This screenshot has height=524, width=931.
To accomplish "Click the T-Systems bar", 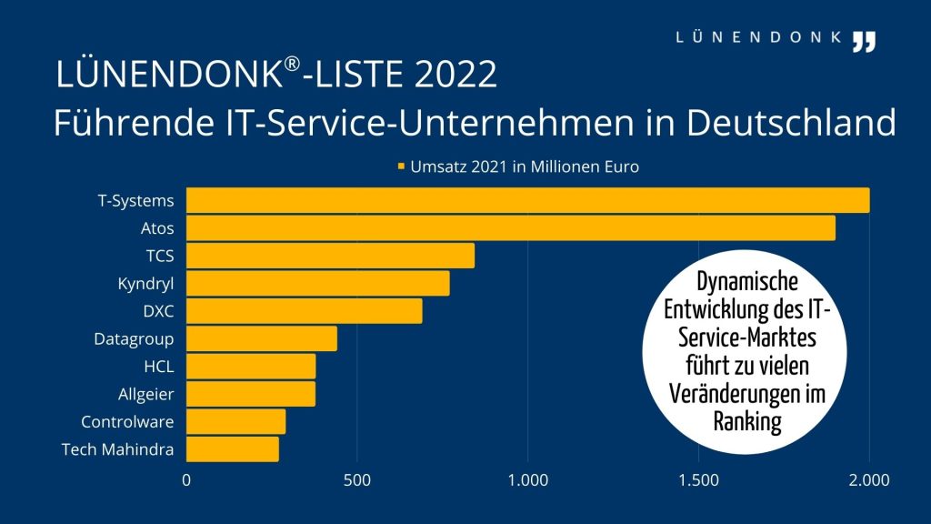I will [527, 200].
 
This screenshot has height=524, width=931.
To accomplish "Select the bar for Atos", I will [510, 228].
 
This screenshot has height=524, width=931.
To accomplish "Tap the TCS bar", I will [330, 256].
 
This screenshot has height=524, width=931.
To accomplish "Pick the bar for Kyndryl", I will [317, 283].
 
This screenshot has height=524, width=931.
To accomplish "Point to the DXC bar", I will [304, 311].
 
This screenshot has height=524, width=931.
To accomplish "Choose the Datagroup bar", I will [261, 338].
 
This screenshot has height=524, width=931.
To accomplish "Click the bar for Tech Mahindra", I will [232, 449].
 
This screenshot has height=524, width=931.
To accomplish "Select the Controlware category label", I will [127, 422].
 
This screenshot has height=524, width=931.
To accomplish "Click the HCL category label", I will [158, 367].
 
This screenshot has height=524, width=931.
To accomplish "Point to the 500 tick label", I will [356, 479].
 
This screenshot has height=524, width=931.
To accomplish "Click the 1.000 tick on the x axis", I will [527, 479].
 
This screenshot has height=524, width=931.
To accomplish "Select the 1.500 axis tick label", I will [698, 479].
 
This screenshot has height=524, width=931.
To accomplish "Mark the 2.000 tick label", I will [869, 479].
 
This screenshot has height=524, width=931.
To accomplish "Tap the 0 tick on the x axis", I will [187, 479].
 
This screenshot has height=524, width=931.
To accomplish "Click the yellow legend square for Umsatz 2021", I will [401, 167].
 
